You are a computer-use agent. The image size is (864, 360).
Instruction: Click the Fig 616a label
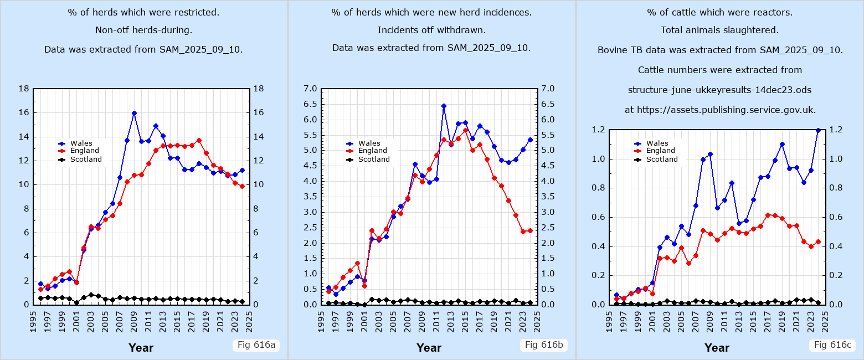click(x=255, y=345)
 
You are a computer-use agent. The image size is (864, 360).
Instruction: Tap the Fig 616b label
click(x=543, y=345)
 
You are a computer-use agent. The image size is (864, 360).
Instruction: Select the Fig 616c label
click(x=831, y=345)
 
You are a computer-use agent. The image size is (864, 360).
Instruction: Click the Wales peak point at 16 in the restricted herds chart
click(x=134, y=113)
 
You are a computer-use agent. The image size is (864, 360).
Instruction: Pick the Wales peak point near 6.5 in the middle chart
click(x=444, y=106)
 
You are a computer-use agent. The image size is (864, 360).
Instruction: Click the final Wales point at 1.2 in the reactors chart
click(x=818, y=130)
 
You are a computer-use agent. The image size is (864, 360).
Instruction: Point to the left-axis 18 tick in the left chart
click(x=24, y=89)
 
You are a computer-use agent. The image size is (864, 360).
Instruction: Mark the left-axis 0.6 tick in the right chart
click(x=598, y=217)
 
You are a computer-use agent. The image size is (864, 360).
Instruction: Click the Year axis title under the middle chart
click(x=429, y=348)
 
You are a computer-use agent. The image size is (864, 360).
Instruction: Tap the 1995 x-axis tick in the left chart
click(x=34, y=318)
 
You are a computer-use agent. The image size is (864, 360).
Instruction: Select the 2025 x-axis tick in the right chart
click(x=825, y=318)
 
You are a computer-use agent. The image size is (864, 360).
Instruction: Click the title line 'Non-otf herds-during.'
click(x=143, y=30)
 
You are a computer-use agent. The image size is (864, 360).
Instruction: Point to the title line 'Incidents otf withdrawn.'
click(x=431, y=30)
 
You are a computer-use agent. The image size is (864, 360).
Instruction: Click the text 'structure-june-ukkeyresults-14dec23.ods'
click(x=720, y=90)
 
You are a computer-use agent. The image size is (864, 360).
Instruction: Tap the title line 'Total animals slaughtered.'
click(x=719, y=30)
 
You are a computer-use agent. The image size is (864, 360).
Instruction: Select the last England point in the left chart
click(x=242, y=187)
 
